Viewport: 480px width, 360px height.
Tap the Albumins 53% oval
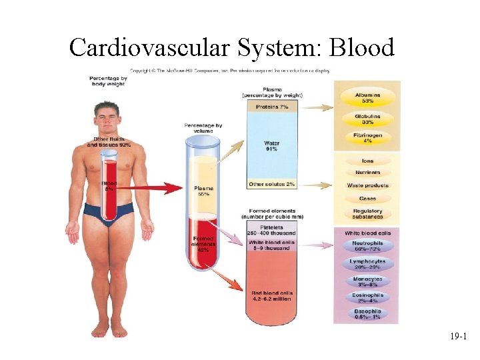tap(367, 98)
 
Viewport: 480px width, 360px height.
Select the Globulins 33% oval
tap(367, 119)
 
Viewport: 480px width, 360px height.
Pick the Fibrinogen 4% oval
tap(367, 138)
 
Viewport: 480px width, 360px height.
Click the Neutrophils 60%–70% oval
tap(367, 247)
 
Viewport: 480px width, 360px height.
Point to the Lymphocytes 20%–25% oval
tap(367, 265)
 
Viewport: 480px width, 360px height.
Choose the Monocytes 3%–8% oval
tap(367, 281)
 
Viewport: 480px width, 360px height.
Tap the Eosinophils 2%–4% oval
tap(367, 297)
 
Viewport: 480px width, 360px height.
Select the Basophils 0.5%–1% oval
tap(367, 314)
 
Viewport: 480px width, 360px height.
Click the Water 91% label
tap(271, 145)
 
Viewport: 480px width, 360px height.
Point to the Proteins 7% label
tap(271, 106)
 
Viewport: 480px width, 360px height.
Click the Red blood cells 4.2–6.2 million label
tap(271, 295)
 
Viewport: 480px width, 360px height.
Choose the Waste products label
tap(367, 185)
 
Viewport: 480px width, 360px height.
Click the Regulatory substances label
tap(367, 214)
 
